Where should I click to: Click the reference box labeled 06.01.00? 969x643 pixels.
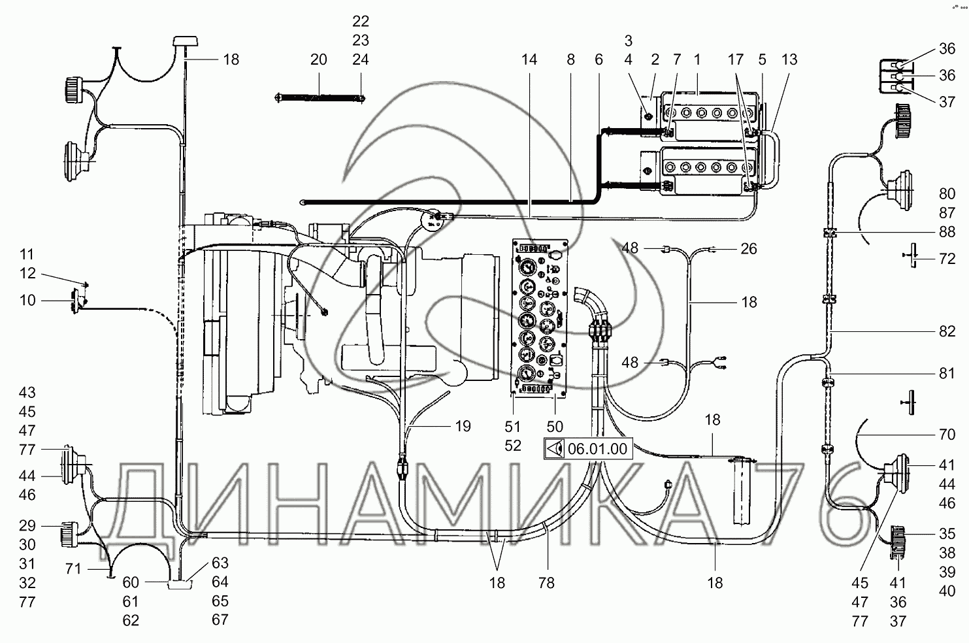588,448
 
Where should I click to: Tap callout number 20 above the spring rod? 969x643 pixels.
318,59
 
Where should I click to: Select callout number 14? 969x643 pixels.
529,59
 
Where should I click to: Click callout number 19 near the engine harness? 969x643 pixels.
463,426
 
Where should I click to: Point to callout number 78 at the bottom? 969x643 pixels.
546,583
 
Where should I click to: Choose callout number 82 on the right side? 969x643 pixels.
947,331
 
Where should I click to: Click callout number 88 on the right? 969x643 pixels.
947,232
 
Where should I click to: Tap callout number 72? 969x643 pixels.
947,259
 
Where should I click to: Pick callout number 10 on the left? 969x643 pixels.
27,301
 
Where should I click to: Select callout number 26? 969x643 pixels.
749,249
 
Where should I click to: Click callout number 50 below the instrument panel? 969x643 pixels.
555,427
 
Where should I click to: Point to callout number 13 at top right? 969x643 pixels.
789,59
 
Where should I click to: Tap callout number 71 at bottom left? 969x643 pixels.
73,569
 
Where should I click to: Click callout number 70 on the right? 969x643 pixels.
947,434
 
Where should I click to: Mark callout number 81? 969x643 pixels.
947,373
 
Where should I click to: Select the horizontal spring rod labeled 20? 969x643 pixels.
320,98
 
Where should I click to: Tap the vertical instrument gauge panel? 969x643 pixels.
540,318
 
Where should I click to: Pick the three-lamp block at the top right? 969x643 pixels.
895,77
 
